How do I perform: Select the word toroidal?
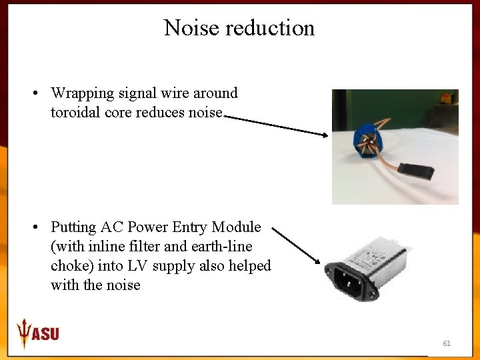75,112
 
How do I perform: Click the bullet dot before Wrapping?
34,93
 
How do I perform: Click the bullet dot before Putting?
34,227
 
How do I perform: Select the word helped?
249,266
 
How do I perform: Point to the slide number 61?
447,343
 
